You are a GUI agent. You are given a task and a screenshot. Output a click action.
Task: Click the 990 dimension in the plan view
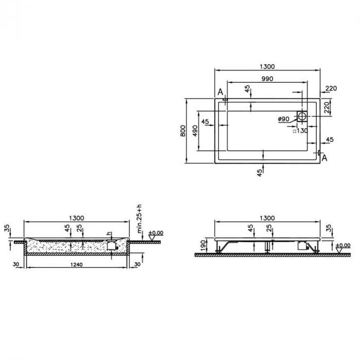click(x=266, y=79)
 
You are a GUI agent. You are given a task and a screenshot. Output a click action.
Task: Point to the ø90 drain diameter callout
click(x=283, y=119)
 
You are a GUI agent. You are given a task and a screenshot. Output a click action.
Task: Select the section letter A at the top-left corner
click(x=220, y=92)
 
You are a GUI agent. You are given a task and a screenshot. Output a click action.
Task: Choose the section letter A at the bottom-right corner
click(x=324, y=158)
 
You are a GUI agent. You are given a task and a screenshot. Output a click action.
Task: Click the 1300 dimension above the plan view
click(x=267, y=66)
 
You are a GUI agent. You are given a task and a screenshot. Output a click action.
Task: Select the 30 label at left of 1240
click(x=17, y=264)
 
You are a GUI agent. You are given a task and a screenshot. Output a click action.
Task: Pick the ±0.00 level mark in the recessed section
click(x=156, y=234)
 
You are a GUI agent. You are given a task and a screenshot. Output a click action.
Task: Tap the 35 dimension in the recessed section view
click(x=7, y=228)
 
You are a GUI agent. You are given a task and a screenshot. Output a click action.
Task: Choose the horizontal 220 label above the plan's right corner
click(x=330, y=88)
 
